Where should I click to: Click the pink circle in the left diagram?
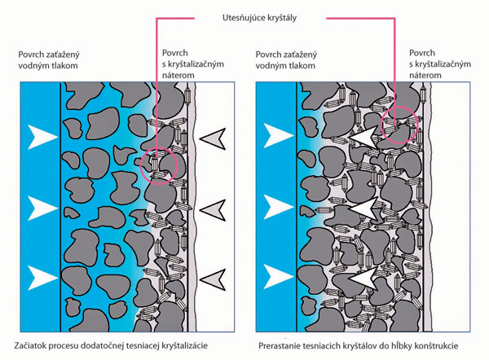pyautogui.click(x=157, y=162)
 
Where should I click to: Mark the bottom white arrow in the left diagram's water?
pyautogui.click(x=38, y=272)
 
